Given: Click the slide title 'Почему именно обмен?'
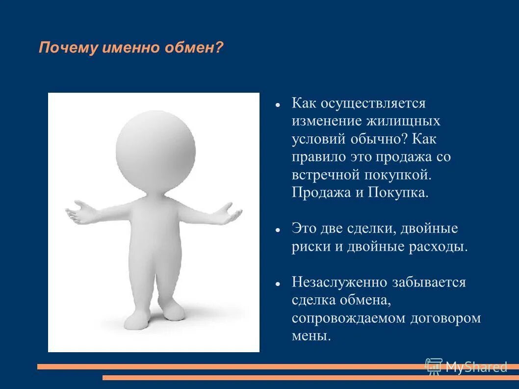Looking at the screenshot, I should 131,48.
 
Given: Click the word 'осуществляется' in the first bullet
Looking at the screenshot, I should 373,104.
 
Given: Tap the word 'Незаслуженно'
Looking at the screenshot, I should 338,282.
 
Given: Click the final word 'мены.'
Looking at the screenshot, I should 311,336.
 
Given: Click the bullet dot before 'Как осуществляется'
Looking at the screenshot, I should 278,105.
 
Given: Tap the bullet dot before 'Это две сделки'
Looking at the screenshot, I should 278,230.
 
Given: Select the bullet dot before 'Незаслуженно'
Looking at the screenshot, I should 278,284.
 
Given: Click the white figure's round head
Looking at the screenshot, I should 156,149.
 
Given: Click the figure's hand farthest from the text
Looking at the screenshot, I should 78,211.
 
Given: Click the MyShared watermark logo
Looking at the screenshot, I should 466,366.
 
